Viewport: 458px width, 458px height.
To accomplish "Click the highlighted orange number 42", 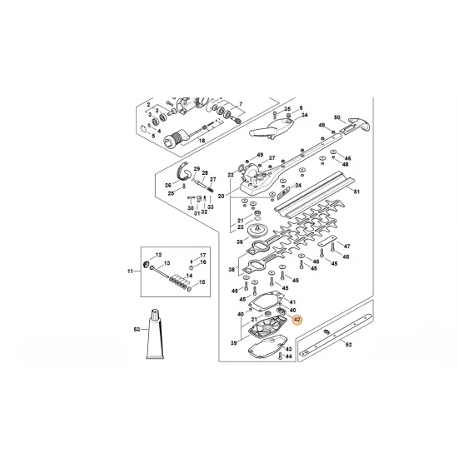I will click(298, 319).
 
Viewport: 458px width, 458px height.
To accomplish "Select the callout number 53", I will click(137, 330).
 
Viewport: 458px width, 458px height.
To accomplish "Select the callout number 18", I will click(202, 141).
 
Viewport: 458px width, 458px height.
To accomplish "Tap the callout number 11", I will click(130, 271).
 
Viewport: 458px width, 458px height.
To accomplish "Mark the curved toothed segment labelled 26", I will click(176, 172).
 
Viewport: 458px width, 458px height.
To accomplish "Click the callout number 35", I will click(287, 109).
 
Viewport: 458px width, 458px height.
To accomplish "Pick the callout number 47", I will click(347, 246).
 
